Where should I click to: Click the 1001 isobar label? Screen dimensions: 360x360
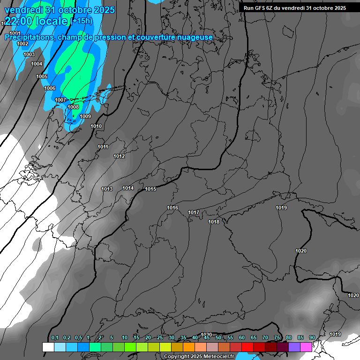tap(15, 33)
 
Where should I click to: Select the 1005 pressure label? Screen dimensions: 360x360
tap(42, 76)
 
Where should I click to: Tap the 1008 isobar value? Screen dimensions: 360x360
tap(73, 107)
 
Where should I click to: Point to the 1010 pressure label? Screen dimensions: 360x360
tap(96, 126)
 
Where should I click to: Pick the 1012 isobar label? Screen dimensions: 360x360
tap(119, 156)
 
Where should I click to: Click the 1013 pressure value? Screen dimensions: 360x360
tap(107, 189)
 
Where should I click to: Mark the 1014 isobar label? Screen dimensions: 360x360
tap(128, 188)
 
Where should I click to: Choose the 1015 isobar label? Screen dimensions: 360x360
tap(150, 189)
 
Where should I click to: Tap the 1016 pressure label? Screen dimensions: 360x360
tap(172, 208)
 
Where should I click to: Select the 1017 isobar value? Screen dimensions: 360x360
tap(194, 212)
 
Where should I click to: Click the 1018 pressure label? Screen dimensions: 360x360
tap(214, 222)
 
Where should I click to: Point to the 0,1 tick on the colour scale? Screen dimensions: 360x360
tap(54, 337)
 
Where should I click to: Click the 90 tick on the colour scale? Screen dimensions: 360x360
tap(312, 337)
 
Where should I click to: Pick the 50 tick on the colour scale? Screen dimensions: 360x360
tap(218, 337)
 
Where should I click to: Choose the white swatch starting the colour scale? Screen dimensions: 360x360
tap(48, 347)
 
